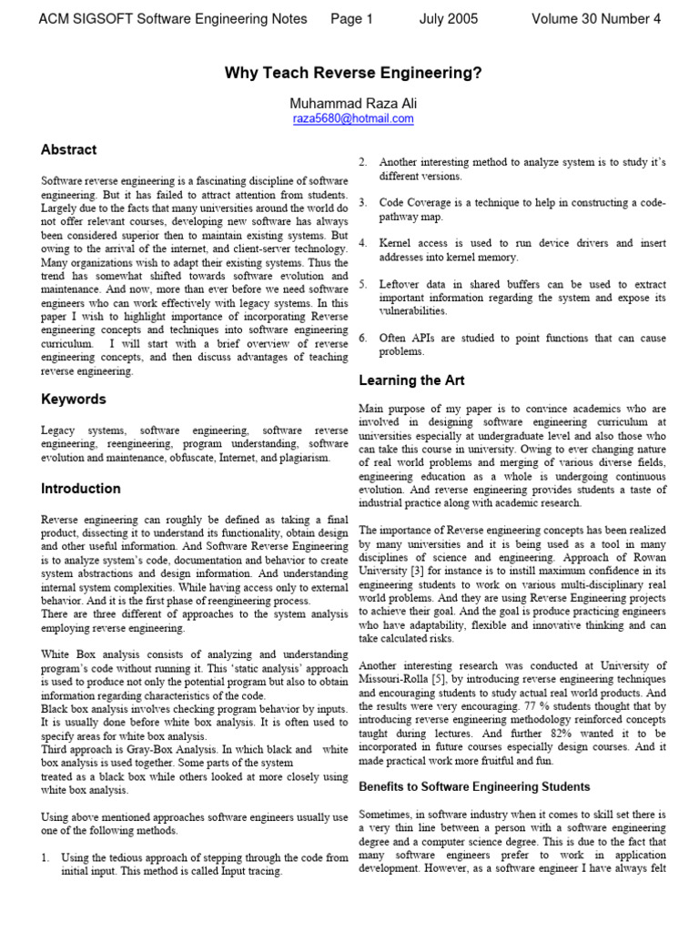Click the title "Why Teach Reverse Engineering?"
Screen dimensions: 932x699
(x=353, y=73)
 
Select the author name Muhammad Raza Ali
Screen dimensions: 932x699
(x=353, y=104)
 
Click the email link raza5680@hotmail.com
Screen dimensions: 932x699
(x=353, y=119)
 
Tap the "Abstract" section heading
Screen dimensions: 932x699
(x=68, y=149)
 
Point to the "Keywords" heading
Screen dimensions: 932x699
(x=73, y=399)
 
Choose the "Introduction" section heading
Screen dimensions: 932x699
(x=80, y=488)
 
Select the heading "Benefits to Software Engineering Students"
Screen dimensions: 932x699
(x=474, y=786)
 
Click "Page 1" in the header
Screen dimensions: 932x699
(x=352, y=19)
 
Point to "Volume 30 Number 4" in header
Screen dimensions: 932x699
(x=596, y=19)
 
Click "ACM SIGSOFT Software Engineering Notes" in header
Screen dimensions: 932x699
(x=173, y=19)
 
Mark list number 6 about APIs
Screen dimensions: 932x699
(x=362, y=338)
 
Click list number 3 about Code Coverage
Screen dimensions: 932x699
(x=362, y=202)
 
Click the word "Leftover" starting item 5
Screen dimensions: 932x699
(x=401, y=284)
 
